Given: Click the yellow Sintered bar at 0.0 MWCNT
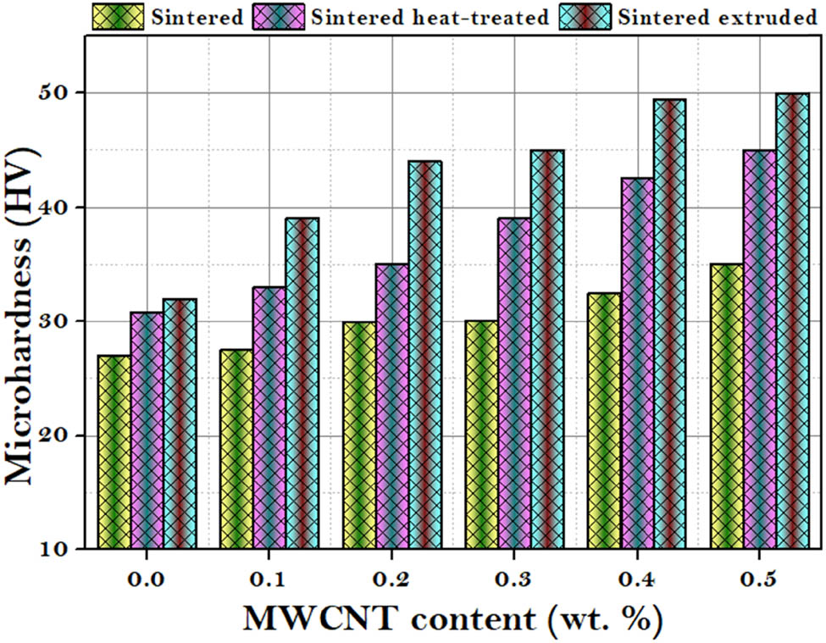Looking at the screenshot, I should click(114, 452).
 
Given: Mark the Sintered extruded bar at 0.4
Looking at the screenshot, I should click(669, 324).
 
